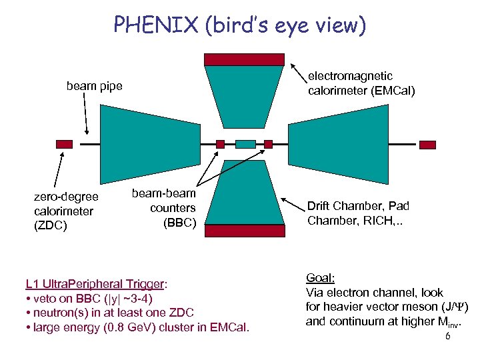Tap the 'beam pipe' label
[94, 86]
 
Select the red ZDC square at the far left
[64, 143]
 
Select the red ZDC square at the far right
[427, 143]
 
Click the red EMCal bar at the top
[244, 59]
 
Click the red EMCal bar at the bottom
[244, 231]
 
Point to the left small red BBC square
[221, 143]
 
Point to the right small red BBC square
[268, 143]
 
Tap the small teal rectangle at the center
[245, 143]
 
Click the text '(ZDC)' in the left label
[51, 225]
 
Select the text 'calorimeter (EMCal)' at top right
[361, 91]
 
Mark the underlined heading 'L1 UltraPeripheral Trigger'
[95, 283]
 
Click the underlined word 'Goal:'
[320, 278]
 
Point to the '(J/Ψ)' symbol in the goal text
[455, 307]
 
